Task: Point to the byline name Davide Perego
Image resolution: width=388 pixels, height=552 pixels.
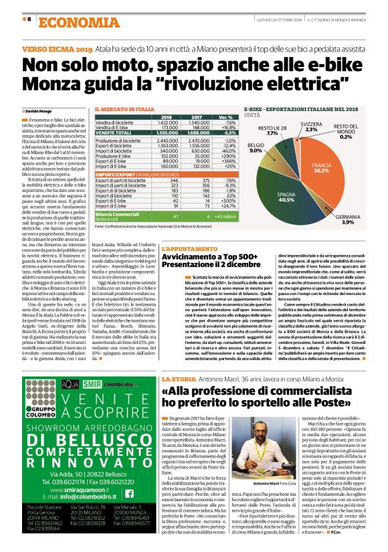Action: [x=41, y=110]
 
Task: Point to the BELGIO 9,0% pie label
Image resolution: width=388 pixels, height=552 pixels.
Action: [x=256, y=147]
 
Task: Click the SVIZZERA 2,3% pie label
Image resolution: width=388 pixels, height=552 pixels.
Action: [x=310, y=127]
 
